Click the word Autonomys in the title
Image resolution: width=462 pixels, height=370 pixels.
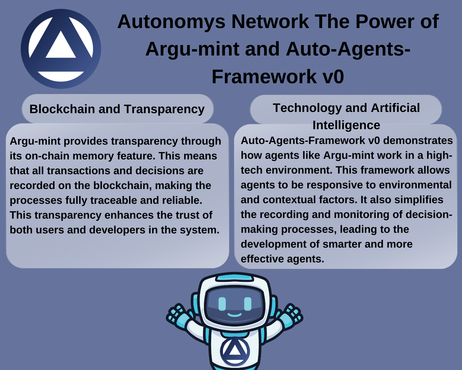click(x=171, y=22)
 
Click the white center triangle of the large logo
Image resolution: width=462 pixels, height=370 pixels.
click(x=61, y=45)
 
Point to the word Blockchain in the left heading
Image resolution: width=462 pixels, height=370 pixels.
click(x=62, y=109)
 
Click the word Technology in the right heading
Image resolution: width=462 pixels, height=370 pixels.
click(x=307, y=108)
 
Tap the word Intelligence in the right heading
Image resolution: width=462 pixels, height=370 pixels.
click(x=346, y=125)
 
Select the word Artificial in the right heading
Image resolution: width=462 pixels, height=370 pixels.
click(x=395, y=108)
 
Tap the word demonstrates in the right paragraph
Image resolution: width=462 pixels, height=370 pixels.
click(x=418, y=141)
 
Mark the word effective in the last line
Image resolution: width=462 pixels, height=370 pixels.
click(x=262, y=259)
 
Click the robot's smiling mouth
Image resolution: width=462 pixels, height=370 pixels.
click(x=234, y=315)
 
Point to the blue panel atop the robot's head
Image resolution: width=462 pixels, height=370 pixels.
click(x=235, y=278)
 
